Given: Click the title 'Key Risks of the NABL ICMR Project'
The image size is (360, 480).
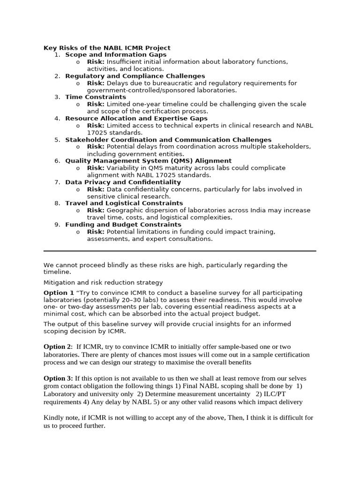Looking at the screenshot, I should point(107,48).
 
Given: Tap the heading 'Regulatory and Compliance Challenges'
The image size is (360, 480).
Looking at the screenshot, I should point(135,76).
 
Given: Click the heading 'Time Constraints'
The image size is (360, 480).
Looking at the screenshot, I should point(96,97).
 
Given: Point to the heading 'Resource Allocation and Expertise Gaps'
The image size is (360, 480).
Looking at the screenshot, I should point(136,119).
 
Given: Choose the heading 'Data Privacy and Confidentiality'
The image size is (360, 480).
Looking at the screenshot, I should point(123,182).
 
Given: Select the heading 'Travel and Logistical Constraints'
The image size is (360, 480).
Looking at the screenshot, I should point(124,203).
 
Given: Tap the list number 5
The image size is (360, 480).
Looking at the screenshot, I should point(57,140).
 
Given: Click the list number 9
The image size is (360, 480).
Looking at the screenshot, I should point(57,225).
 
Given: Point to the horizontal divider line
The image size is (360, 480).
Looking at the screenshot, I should point(180,251).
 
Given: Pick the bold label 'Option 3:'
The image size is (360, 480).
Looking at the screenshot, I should point(58,378).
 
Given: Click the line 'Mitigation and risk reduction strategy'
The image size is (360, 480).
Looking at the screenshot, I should point(103,282).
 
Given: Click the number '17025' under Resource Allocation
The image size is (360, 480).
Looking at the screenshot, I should point(97,133).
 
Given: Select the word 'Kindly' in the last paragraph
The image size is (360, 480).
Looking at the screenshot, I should point(53,417).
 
